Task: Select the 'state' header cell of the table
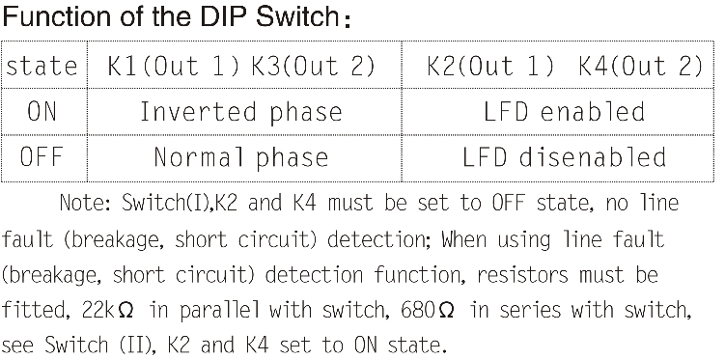(x=42, y=66)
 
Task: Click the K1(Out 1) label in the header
(x=165, y=66)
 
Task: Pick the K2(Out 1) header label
(x=490, y=66)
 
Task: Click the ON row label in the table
(x=42, y=111)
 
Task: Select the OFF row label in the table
(x=42, y=156)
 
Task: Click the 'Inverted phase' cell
(x=240, y=111)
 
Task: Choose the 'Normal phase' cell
(x=240, y=156)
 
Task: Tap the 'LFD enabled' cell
(x=564, y=111)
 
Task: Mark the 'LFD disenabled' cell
(x=564, y=156)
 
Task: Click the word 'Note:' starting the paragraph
(x=86, y=205)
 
